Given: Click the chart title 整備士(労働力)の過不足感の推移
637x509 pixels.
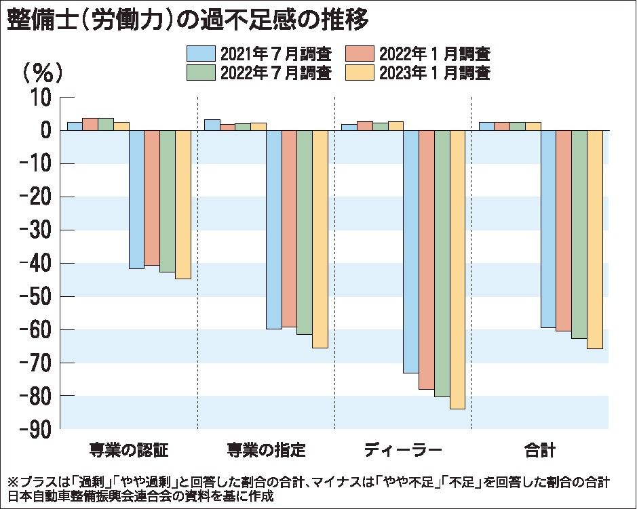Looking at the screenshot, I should (188, 20).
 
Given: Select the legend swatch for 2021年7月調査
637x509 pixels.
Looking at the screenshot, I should (201, 53).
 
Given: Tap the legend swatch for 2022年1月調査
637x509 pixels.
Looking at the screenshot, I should (361, 53).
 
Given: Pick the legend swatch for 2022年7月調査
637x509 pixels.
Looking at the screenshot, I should (201, 72).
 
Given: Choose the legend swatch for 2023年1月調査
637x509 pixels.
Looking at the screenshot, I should (361, 72).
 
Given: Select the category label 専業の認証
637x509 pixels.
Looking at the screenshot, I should (128, 449).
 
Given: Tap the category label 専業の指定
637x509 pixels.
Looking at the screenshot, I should (267, 449).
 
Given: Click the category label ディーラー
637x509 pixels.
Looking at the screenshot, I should (403, 449).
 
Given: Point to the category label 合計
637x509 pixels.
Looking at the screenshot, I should (540, 449).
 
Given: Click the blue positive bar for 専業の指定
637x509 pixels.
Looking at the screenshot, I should (212, 125).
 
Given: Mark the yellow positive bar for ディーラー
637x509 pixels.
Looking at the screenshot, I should (395, 126).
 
